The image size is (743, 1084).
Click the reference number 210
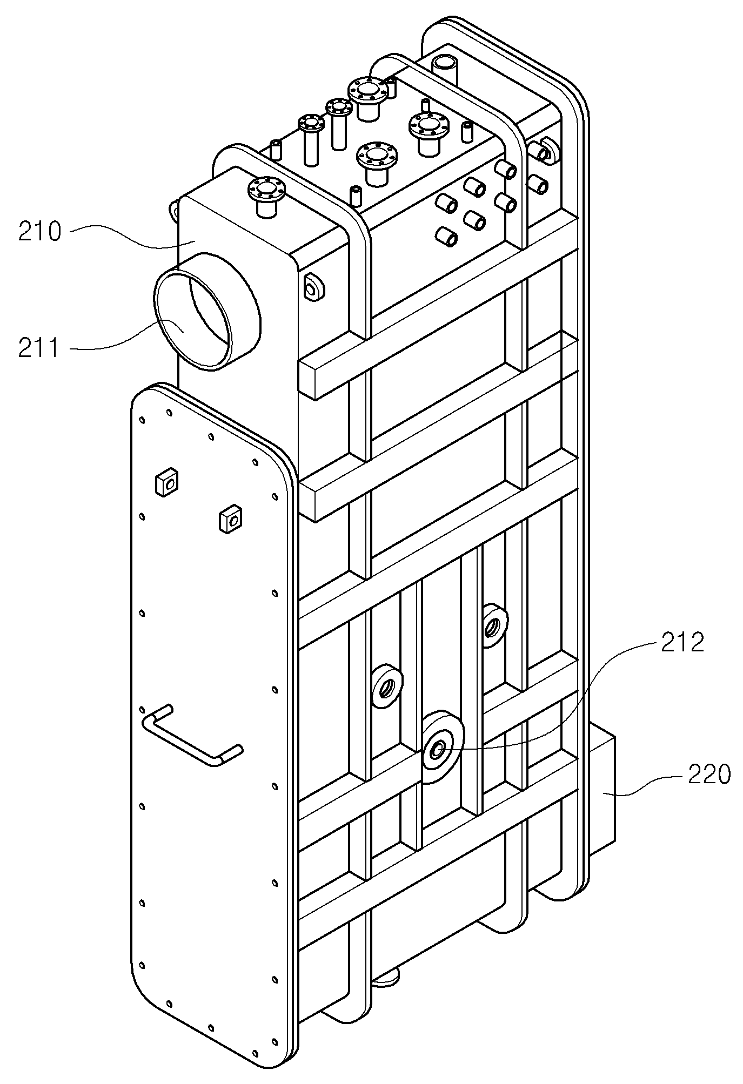pos(41,232)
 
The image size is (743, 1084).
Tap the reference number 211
pos(38,347)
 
